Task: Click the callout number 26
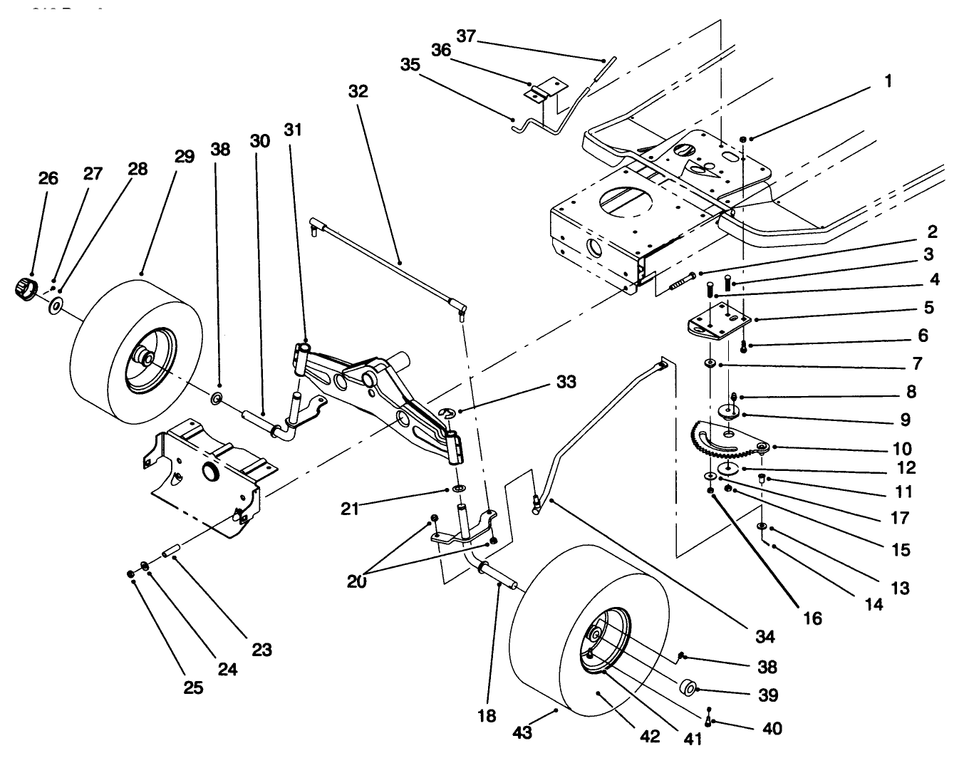48,178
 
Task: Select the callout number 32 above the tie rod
358,91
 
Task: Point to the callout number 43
522,732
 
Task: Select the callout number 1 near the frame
887,81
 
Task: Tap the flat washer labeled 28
55,307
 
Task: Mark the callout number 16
812,618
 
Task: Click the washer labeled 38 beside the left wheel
217,395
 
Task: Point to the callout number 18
487,715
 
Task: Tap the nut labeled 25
130,573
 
